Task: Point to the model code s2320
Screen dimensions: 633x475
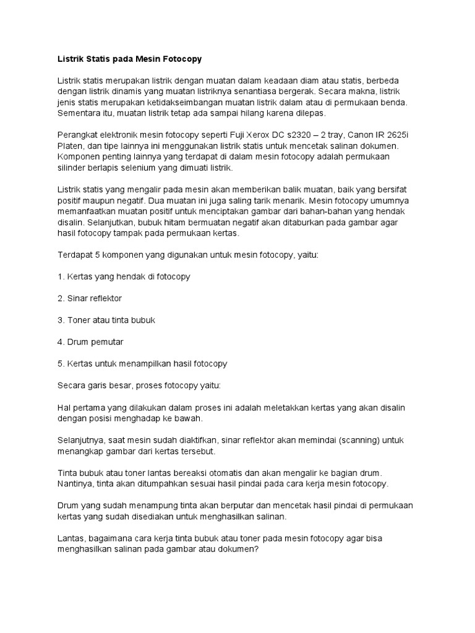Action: coord(312,135)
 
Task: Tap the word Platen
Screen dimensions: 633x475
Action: coord(70,146)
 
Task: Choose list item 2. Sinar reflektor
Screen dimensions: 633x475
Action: coord(90,299)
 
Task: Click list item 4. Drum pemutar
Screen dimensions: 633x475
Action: coord(90,342)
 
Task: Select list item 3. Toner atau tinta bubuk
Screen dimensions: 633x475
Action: coord(106,320)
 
